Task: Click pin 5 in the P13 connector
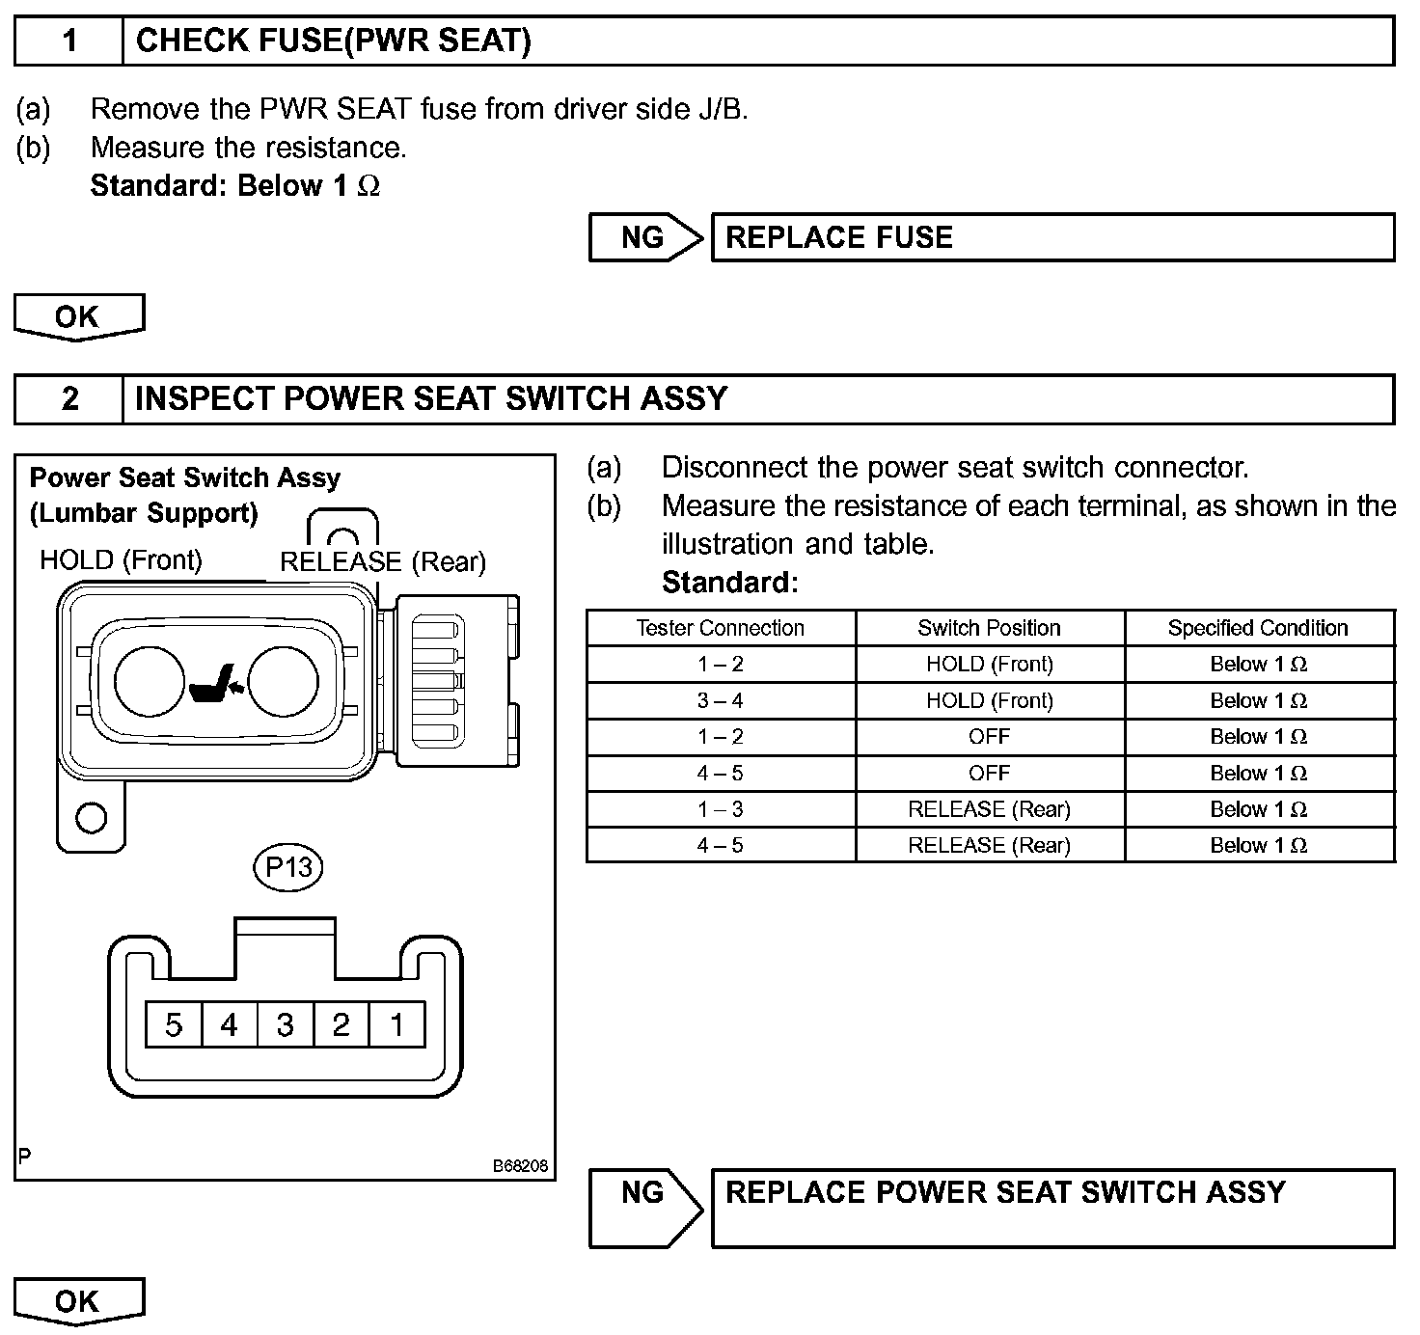pos(174,1024)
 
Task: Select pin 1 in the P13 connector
pos(396,1024)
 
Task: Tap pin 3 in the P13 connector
pos(285,1024)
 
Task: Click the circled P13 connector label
pos(288,867)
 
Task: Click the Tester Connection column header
pos(720,628)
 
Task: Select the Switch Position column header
pos(989,628)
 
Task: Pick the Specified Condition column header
pos(1258,628)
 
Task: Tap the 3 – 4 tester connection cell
pos(720,701)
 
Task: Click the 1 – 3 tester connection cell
pos(720,809)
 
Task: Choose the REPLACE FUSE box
pos(1051,237)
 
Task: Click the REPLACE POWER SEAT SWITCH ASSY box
pos(1051,1208)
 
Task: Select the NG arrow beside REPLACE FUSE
pos(645,237)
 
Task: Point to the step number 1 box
pos(69,41)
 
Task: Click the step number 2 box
pos(69,399)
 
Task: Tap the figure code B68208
pos(520,1166)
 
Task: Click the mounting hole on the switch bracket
pos(91,818)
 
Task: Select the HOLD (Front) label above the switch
pos(121,560)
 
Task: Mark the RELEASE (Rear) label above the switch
pos(383,562)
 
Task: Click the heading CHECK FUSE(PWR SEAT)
pos(334,41)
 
